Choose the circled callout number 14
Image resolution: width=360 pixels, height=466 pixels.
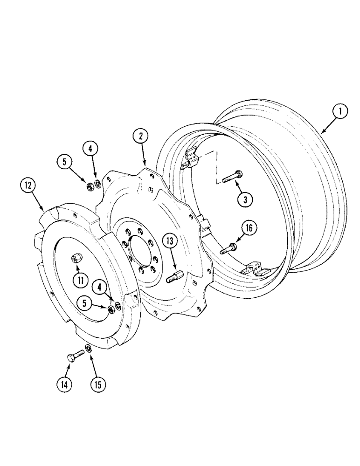[66, 384]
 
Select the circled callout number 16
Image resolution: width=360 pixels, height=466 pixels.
[248, 228]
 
